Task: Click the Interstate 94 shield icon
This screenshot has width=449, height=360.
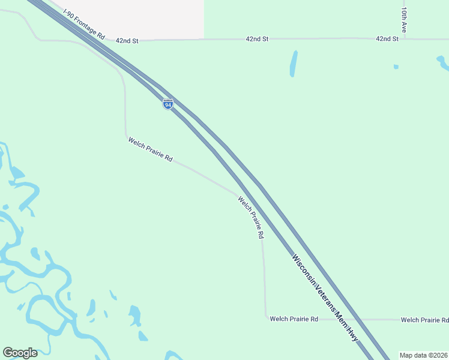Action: coord(168,104)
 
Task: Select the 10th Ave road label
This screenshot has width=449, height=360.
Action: coord(405,19)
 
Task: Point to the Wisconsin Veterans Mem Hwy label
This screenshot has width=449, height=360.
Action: coord(325,298)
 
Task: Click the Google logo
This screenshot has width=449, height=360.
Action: coord(20,353)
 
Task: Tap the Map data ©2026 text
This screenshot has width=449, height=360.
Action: coord(423,355)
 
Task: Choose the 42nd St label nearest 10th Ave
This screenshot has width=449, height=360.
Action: coord(387,38)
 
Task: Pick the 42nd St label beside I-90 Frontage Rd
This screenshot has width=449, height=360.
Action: coord(127,40)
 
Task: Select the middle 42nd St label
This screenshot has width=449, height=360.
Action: coord(257,38)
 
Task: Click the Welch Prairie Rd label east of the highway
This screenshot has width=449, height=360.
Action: coord(424,320)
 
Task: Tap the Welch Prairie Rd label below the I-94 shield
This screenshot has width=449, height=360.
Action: coord(150,150)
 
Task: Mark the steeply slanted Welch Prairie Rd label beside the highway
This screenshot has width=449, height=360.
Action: coord(251,218)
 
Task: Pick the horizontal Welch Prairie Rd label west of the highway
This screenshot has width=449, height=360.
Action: coord(294,319)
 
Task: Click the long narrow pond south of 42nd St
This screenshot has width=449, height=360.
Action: coord(294,64)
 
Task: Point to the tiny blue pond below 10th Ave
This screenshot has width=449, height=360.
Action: coord(396,67)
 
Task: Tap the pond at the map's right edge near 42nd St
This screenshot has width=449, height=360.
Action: coord(443,62)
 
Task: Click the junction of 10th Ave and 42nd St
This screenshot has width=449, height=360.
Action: coord(405,39)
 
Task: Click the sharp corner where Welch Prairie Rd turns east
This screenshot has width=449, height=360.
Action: coord(266,318)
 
